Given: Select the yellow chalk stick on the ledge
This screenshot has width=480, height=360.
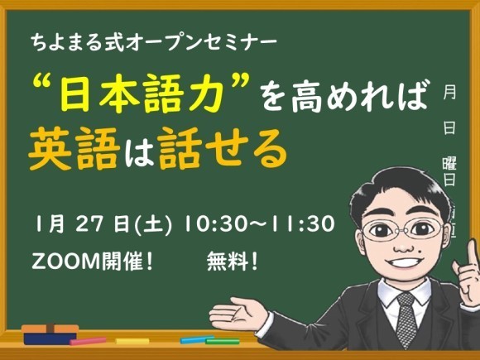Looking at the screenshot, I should click(x=132, y=341).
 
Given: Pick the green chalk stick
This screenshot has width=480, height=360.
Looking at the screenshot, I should click(x=223, y=340).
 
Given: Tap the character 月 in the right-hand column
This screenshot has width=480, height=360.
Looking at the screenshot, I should click(x=450, y=93).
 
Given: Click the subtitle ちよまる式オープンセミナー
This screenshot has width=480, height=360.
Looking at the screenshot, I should click(x=154, y=38).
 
